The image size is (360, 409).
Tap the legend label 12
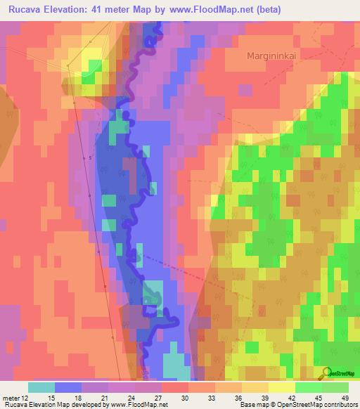point(25,399)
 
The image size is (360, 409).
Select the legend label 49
point(344,399)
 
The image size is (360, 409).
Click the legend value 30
point(185,399)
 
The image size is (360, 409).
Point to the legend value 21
point(105,399)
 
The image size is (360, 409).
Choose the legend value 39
point(265,399)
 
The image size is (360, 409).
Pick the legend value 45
point(319,399)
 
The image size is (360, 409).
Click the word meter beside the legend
point(11,399)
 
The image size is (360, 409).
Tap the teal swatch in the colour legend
point(41,387)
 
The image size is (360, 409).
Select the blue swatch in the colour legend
point(68,387)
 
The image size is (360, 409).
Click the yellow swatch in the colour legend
point(281,387)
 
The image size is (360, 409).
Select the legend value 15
point(51,399)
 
